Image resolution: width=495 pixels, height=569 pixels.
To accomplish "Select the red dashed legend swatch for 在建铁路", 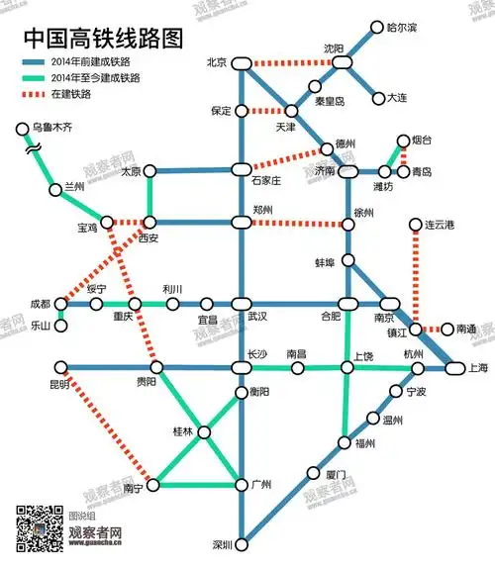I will tap(42, 95).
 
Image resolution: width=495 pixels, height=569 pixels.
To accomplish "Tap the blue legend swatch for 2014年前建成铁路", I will tap(42, 62).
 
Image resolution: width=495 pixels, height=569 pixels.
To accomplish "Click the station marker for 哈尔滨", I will tap(376, 28).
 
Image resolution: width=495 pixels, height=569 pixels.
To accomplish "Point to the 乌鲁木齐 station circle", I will tap(22, 129).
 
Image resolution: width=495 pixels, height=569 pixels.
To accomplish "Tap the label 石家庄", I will tap(266, 181).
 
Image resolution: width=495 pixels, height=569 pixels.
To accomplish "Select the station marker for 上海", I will tap(454, 368).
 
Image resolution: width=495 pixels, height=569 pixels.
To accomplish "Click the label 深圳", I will tap(223, 544).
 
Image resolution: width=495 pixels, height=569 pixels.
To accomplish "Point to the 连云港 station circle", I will tap(417, 226).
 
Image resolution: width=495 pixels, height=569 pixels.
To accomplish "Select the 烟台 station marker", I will tap(403, 142).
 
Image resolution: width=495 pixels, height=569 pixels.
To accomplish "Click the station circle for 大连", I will tap(378, 98).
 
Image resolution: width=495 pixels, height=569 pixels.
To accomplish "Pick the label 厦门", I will tap(335, 476).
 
